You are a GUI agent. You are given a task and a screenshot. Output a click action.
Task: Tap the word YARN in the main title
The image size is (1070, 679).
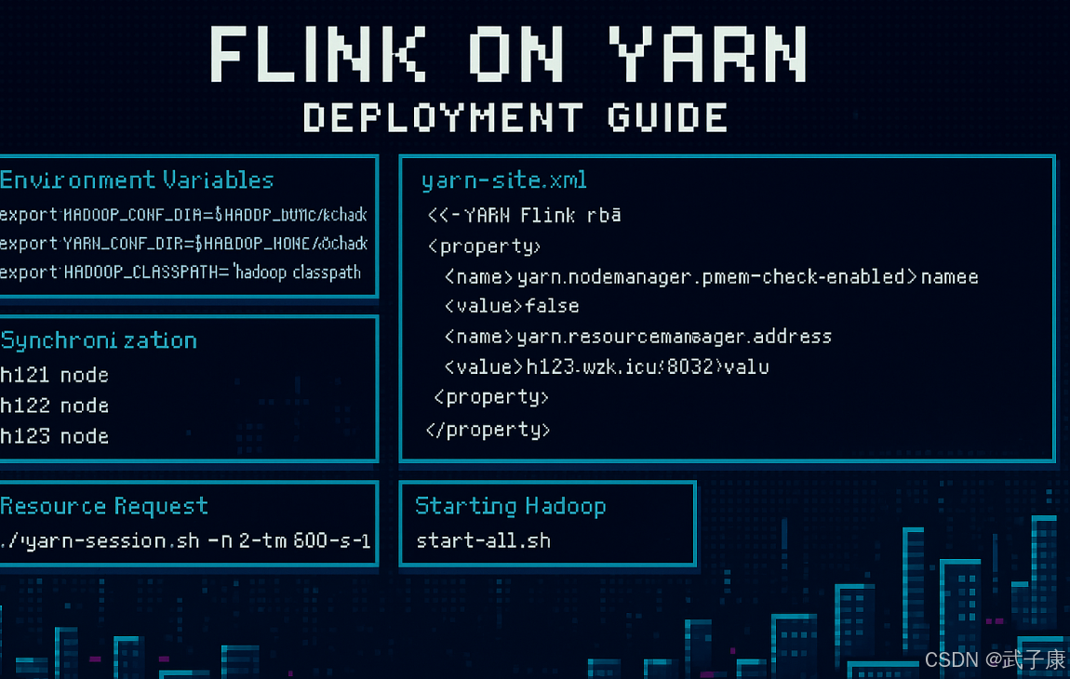pos(710,54)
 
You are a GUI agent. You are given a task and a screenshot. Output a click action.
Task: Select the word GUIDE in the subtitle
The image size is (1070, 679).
pos(667,118)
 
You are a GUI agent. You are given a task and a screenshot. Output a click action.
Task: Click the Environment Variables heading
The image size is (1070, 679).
pos(137,180)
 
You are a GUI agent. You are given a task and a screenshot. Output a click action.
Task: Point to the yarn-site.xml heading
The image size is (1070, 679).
pos(503,180)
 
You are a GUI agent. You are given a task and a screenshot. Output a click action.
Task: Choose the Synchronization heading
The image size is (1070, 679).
pos(99,340)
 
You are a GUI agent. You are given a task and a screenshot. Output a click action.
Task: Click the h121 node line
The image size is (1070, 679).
pos(54,375)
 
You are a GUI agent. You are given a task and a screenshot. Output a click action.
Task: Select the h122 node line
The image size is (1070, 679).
pos(54,406)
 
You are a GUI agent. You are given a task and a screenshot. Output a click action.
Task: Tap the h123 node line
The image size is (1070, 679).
pos(54,436)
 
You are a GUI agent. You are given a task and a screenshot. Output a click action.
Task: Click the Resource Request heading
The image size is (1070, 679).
pos(103,506)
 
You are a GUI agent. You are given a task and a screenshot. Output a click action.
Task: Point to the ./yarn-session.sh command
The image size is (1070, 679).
pos(185,540)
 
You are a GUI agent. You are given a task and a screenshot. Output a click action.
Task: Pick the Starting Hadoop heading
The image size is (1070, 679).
pos(510,506)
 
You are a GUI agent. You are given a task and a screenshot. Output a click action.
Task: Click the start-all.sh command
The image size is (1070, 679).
pos(483,540)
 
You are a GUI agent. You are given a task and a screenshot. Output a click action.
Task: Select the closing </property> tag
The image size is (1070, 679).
pos(488,430)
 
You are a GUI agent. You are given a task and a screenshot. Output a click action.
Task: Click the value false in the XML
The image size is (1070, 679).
pos(552,306)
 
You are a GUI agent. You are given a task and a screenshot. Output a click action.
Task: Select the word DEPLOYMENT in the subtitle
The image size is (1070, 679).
pos(443,118)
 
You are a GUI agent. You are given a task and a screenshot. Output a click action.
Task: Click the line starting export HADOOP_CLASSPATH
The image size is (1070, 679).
pos(180,273)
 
